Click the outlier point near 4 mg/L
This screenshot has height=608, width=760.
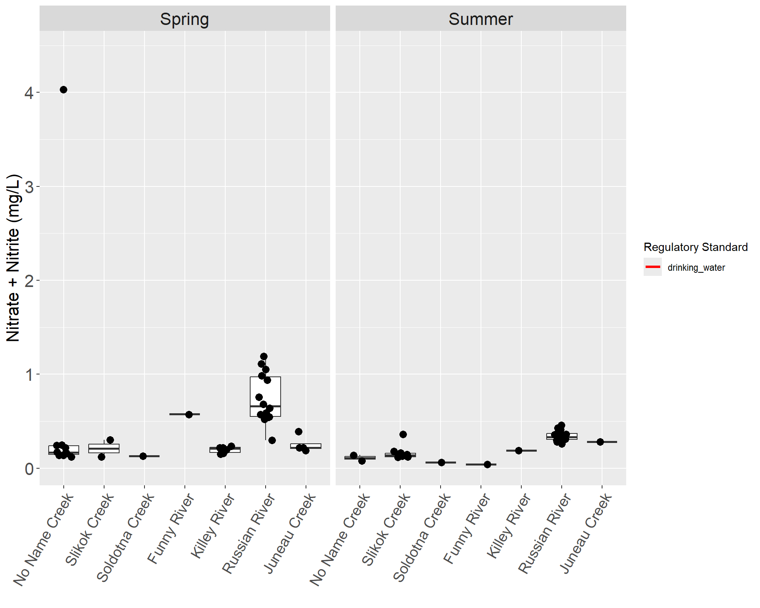coord(63,90)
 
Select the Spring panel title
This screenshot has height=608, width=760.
coord(184,19)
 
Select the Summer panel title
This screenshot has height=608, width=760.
coord(481,19)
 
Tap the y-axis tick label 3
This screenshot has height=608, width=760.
coord(29,187)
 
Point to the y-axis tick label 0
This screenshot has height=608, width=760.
coord(29,469)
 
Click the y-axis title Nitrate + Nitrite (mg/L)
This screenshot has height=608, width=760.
coord(13,258)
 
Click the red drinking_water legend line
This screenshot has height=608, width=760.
coord(652,267)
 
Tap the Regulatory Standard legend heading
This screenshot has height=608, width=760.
coord(695,247)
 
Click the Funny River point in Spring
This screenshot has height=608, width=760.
coord(189,414)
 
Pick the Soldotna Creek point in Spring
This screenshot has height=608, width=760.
coord(143,456)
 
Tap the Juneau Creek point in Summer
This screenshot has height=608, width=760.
coord(600,442)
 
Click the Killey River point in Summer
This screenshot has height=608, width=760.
coord(519,450)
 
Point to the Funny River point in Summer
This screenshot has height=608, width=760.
coord(487,464)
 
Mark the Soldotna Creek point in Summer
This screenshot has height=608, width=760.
coord(441,462)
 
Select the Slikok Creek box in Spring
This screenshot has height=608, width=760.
coord(104,448)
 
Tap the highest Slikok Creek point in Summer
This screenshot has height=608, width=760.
coord(403,434)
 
